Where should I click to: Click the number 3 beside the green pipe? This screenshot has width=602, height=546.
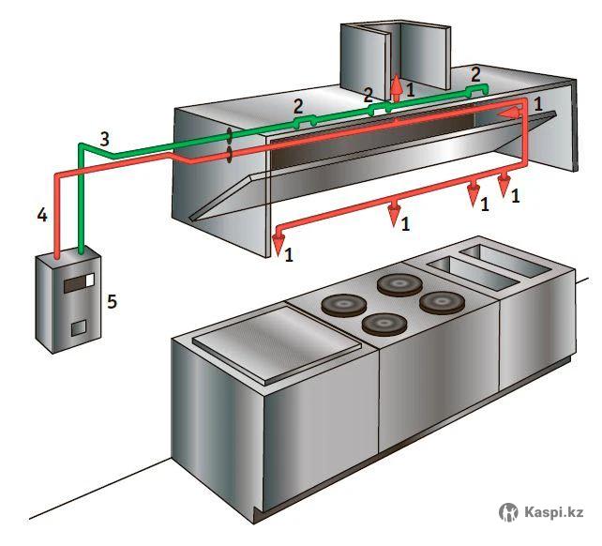[105, 139]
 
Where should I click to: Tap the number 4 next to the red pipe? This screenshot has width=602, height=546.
[41, 216]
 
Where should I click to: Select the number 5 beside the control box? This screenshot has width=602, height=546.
[113, 301]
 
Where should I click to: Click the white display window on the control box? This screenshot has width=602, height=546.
[86, 281]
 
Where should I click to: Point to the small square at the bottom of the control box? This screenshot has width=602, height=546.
[79, 327]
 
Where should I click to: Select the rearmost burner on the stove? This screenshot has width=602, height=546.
[399, 282]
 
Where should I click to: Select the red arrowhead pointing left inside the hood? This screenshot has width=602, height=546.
[507, 113]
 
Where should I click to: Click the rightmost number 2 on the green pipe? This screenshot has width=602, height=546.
[475, 73]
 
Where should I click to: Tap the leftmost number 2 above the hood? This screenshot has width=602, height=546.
[298, 106]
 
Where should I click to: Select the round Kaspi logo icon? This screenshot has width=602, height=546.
[508, 512]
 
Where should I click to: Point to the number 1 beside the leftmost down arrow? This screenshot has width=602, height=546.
[291, 253]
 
